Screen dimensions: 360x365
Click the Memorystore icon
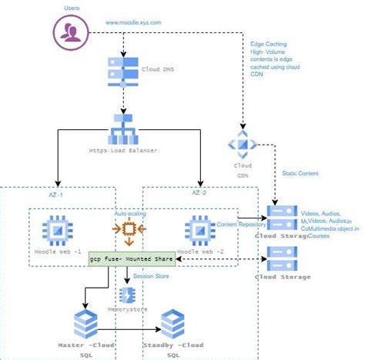click(128, 294)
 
